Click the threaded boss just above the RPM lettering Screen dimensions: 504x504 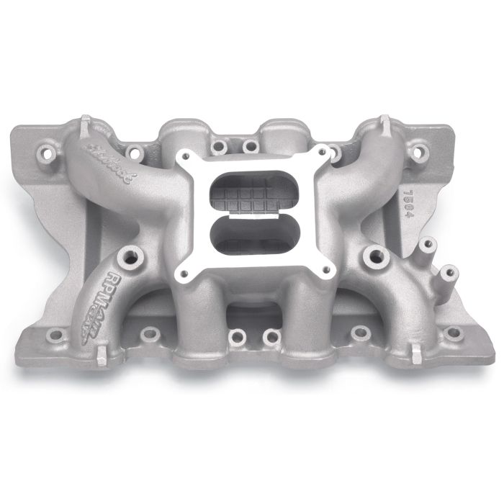(x=132, y=254)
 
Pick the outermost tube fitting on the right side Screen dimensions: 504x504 (x=448, y=272)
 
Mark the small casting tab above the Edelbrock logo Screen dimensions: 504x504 (x=86, y=120)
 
